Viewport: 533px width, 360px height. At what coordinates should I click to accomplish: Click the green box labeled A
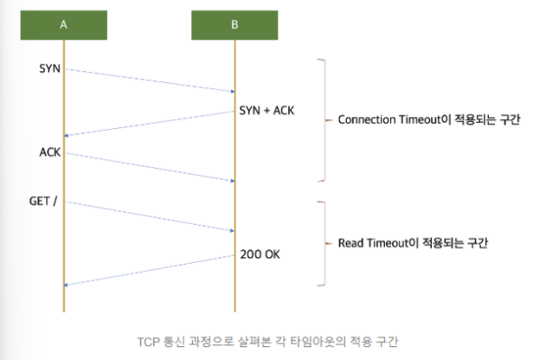tap(63, 24)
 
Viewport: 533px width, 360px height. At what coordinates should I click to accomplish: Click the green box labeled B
tap(234, 24)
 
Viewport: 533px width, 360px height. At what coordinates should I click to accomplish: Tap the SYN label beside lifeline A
tap(50, 67)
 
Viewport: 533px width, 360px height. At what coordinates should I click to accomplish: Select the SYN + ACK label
tap(266, 112)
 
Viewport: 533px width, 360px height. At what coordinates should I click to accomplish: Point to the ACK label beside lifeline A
tap(49, 151)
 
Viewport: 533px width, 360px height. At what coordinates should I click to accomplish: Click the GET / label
tap(44, 201)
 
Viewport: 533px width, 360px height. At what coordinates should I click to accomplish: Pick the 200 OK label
tap(260, 254)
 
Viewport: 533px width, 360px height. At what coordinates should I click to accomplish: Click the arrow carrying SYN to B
tap(149, 80)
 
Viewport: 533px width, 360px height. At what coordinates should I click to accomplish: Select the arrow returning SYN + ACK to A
tap(149, 123)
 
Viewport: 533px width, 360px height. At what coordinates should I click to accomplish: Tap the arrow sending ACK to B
tap(149, 168)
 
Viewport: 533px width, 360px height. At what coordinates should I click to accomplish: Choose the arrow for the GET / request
tap(149, 216)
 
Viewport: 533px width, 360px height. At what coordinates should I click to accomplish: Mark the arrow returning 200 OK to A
tap(149, 269)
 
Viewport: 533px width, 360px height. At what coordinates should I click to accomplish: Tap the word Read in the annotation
tap(350, 243)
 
